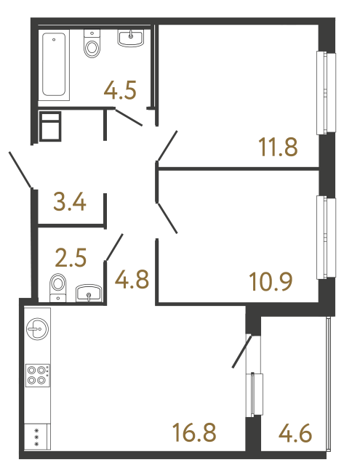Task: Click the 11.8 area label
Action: click(279, 147)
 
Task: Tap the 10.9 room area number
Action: click(271, 280)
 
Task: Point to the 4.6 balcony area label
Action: click(296, 435)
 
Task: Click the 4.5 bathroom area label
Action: click(120, 92)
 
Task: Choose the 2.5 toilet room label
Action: click(71, 257)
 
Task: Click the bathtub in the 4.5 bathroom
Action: click(55, 64)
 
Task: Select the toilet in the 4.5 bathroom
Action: click(92, 44)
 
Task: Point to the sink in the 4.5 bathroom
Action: click(132, 37)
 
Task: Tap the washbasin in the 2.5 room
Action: click(89, 293)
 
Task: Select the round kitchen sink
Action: click(36, 328)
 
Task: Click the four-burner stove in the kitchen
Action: click(37, 374)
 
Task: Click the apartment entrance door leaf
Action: click(20, 169)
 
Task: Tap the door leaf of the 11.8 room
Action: click(167, 145)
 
